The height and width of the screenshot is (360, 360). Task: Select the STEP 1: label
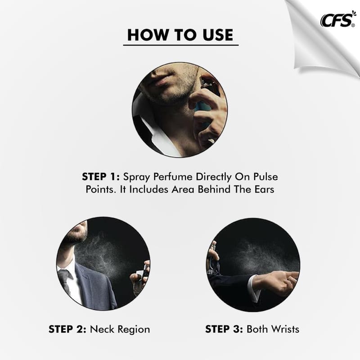coord(101,177)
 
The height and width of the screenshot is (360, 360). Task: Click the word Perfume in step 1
coord(173,177)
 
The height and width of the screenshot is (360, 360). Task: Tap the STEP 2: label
coord(67,329)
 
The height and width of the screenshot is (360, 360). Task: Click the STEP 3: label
coord(224,329)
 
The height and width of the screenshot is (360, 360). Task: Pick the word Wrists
coord(285,329)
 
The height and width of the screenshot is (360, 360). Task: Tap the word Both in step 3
coord(257,329)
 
